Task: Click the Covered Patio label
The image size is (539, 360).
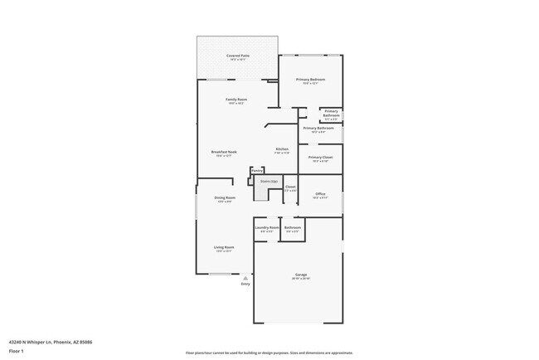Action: click(x=238, y=56)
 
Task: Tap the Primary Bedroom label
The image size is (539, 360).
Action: click(x=310, y=80)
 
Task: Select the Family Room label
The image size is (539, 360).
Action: click(x=236, y=100)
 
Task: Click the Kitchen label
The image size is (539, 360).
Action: click(x=282, y=149)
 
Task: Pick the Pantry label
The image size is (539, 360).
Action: click(x=257, y=170)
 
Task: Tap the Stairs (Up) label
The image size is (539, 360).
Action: click(x=268, y=180)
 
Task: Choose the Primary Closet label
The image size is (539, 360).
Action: click(x=320, y=157)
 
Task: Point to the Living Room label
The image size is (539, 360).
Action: click(x=225, y=247)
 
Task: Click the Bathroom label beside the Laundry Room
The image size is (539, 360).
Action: click(x=292, y=227)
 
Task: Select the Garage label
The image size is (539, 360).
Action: click(x=300, y=275)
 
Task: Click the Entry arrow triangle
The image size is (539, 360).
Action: click(x=245, y=278)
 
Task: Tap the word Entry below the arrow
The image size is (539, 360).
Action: click(x=245, y=285)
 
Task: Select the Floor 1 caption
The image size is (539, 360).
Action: click(x=17, y=350)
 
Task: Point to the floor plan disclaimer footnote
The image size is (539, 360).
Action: click(x=269, y=353)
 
